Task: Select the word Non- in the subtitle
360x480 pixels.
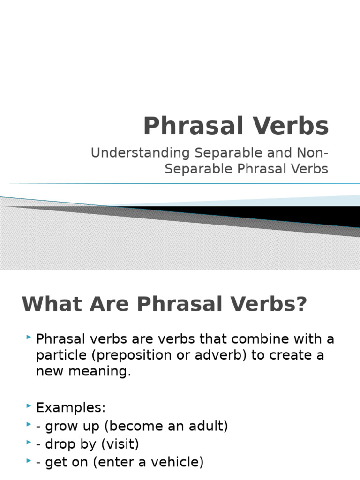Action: pos(313,153)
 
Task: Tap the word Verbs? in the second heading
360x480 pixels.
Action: pos(268,305)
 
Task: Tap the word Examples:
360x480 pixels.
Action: pos(71,407)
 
